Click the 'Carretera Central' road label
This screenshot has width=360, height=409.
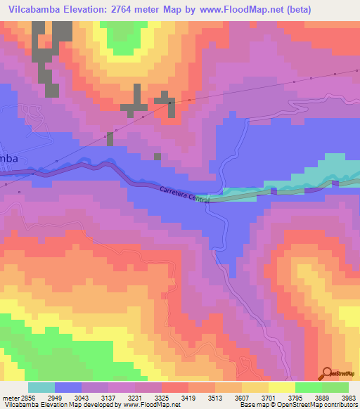click(x=184, y=195)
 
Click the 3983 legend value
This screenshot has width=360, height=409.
click(x=349, y=397)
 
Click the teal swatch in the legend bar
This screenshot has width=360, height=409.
click(x=41, y=387)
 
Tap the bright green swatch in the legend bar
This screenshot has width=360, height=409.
click(x=309, y=387)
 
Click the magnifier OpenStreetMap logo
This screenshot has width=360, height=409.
click(x=328, y=374)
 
